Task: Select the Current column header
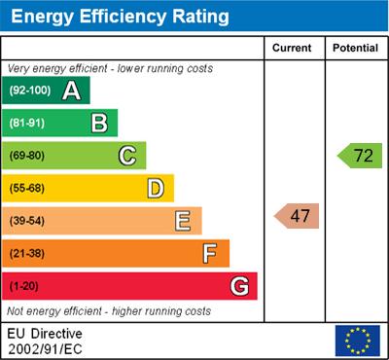[x=293, y=48]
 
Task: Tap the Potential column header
[x=356, y=48]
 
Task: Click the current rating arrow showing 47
[x=298, y=216]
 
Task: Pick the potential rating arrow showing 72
[x=361, y=155]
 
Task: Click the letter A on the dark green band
[x=71, y=90]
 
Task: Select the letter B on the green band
[x=99, y=123]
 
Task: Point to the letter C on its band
[x=127, y=156]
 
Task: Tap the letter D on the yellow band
[x=156, y=188]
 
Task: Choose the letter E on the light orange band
[x=183, y=221]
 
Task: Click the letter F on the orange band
[x=210, y=254]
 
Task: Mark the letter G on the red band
[x=239, y=287]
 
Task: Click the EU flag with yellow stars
[x=357, y=341]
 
